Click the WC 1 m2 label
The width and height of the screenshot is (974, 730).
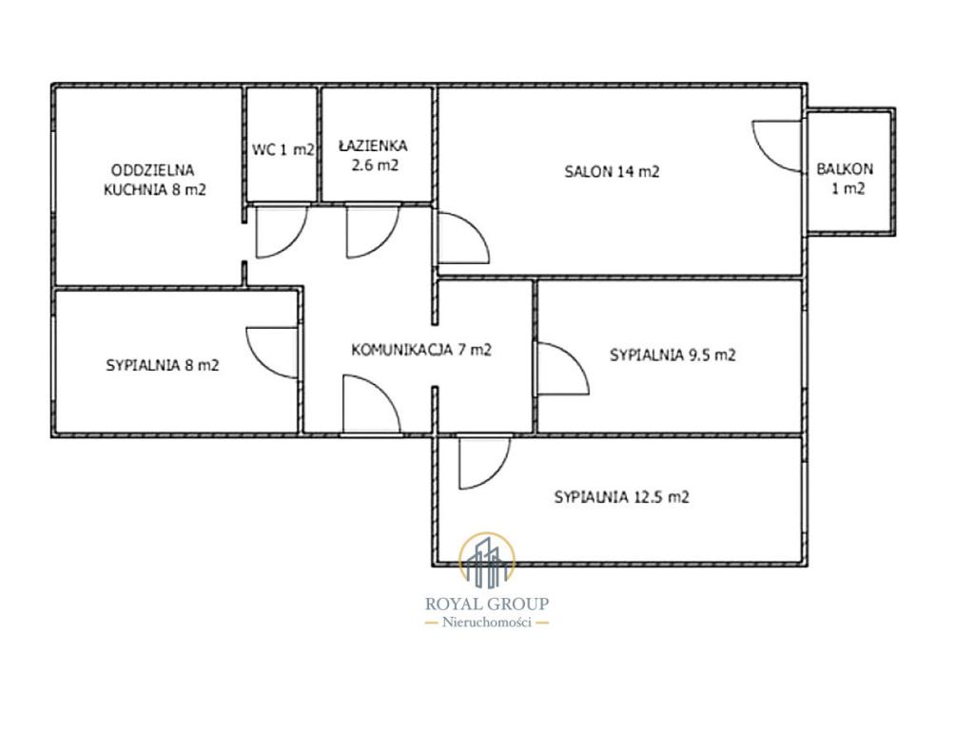(283, 149)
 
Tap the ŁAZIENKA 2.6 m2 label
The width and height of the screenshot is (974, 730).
(373, 155)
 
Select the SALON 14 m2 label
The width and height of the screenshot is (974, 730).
(612, 171)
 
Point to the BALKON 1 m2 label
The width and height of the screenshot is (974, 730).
(846, 178)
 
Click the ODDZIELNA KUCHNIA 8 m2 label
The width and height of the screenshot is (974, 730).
(154, 180)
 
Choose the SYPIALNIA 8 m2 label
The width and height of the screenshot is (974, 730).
(163, 365)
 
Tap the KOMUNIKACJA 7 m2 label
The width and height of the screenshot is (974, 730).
(421, 350)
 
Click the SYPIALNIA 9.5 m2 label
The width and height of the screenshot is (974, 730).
(672, 355)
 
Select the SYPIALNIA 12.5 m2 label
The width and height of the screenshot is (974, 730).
(622, 497)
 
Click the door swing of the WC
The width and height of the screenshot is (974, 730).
(281, 231)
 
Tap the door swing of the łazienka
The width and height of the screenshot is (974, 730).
(373, 231)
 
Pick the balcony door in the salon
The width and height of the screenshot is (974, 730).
(776, 146)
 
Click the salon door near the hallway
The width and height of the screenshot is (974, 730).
(463, 238)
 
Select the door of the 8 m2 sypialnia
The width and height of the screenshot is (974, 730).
(272, 353)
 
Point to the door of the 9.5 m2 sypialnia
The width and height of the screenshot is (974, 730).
(563, 369)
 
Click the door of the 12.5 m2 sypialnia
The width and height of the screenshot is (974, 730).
(484, 463)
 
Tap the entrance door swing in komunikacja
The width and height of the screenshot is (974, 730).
(372, 403)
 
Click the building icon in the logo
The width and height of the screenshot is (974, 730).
(487, 560)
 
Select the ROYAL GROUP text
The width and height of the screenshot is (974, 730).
(487, 604)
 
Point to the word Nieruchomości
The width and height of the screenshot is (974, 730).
(487, 623)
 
